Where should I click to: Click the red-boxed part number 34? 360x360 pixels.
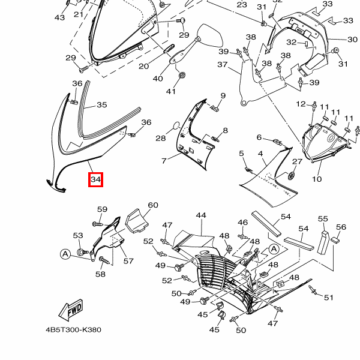pos(96,179)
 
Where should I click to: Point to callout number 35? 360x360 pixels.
pos(102,105)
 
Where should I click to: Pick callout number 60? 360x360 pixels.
pos(153,205)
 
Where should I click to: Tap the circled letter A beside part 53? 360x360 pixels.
pos(65,254)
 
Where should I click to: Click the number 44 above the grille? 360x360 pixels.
pos(200,215)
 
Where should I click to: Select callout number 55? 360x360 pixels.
pos(323,220)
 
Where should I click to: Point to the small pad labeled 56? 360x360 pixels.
pos(335,240)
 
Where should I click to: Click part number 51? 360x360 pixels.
pos(328,298)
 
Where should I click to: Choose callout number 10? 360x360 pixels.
pos(316,179)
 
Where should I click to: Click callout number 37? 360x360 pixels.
pos(223,64)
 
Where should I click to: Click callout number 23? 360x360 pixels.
pos(242,5)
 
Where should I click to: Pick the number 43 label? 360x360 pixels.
pos(59,18)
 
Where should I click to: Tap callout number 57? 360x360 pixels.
pos(128,261)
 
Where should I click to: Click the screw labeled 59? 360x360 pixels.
pos(97,223)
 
